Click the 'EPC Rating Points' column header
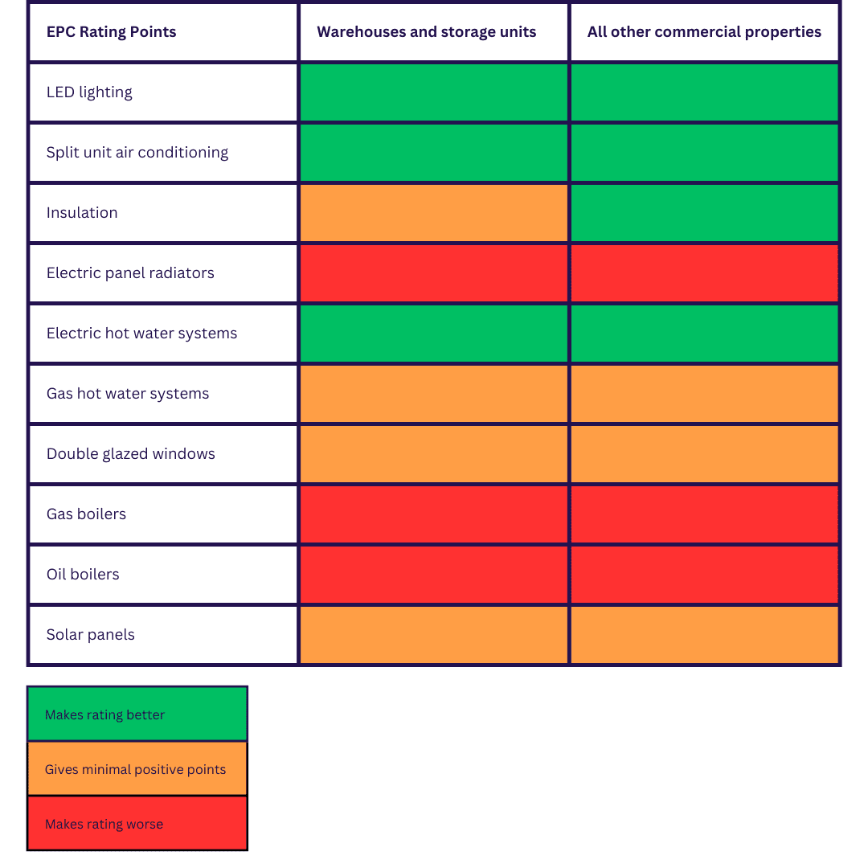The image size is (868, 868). coord(111,32)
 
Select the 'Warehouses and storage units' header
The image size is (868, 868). coord(426,32)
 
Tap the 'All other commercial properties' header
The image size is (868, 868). coord(704,32)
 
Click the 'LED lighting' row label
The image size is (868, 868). coord(89,92)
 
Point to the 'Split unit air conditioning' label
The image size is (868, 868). coord(137,153)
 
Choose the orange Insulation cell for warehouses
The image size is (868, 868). coord(434,213)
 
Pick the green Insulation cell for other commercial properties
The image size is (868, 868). coord(705,213)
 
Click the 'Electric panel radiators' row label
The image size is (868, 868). coord(130,273)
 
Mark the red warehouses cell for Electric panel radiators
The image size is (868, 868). coord(434,273)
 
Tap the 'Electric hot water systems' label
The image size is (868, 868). coord(141,334)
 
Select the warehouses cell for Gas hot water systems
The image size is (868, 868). coord(434,394)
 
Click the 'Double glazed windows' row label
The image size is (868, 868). coord(131,454)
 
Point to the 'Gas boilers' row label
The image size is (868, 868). coord(86,514)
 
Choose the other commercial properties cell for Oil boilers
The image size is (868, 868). coord(705,575)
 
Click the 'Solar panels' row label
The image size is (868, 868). coord(91,635)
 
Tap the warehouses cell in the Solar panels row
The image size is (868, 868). coord(434,635)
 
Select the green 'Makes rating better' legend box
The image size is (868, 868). coord(137,714)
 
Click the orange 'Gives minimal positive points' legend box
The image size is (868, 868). coord(137,769)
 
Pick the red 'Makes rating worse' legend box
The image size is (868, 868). coord(137,823)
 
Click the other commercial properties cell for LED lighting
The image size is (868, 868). coord(705,92)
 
